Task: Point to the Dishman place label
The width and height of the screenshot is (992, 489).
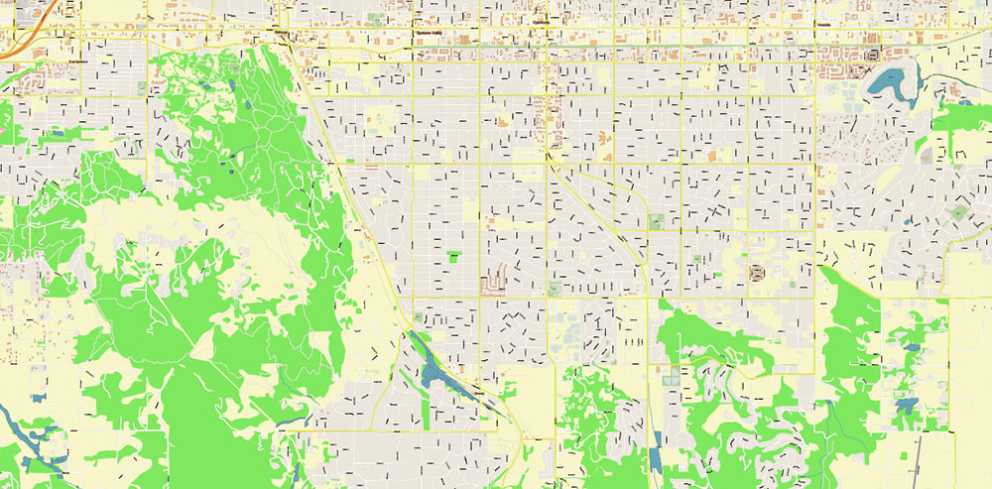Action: click(x=281, y=33)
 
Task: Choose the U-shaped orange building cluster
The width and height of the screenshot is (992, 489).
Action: click(x=494, y=283)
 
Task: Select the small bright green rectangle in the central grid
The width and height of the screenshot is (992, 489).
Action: click(x=453, y=257)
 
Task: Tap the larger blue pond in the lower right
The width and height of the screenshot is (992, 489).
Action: click(x=904, y=406)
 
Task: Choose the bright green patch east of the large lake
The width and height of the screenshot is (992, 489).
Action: click(x=957, y=118)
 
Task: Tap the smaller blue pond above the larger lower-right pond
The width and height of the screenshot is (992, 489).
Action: click(x=911, y=349)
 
